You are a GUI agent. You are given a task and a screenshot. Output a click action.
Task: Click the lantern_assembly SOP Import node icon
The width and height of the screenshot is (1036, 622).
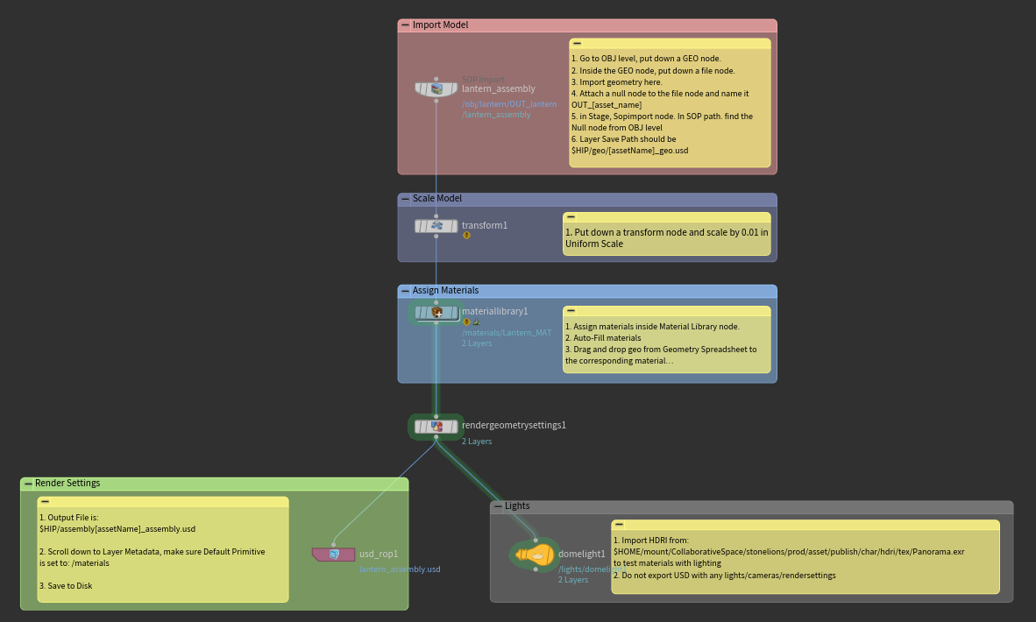pyautogui.click(x=436, y=88)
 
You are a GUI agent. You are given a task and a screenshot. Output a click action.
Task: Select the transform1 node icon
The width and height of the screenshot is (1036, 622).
pyautogui.click(x=436, y=226)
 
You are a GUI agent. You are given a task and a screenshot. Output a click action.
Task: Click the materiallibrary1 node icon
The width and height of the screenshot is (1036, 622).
pyautogui.click(x=436, y=312)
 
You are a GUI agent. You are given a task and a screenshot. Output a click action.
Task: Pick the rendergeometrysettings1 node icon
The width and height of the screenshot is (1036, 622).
pyautogui.click(x=436, y=427)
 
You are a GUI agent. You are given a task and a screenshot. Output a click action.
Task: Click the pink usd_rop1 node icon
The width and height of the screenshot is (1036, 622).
pyautogui.click(x=334, y=554)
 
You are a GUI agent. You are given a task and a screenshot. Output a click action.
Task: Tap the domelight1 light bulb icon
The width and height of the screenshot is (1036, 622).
pyautogui.click(x=536, y=554)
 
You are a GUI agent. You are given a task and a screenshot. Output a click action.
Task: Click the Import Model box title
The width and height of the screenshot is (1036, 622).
pyautogui.click(x=440, y=25)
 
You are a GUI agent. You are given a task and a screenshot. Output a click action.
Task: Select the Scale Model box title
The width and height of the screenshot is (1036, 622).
pyautogui.click(x=436, y=199)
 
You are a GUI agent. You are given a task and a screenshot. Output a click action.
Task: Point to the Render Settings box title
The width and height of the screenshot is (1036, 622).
pyautogui.click(x=67, y=484)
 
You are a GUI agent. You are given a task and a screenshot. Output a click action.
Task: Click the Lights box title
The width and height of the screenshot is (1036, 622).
pyautogui.click(x=517, y=506)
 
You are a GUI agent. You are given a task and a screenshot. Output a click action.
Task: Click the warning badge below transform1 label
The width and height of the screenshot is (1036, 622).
pyautogui.click(x=466, y=236)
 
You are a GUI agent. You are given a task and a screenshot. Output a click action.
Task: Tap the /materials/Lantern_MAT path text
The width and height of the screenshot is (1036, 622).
pyautogui.click(x=507, y=333)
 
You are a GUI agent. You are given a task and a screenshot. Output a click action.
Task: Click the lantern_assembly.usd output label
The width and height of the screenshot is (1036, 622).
pyautogui.click(x=400, y=569)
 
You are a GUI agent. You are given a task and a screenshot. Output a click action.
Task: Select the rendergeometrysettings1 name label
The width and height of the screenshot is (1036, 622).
pyautogui.click(x=514, y=426)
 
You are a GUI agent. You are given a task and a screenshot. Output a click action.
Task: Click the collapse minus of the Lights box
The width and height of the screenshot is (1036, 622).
pyautogui.click(x=497, y=506)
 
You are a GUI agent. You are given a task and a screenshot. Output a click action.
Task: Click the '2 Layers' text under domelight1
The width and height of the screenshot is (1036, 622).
pyautogui.click(x=573, y=580)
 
